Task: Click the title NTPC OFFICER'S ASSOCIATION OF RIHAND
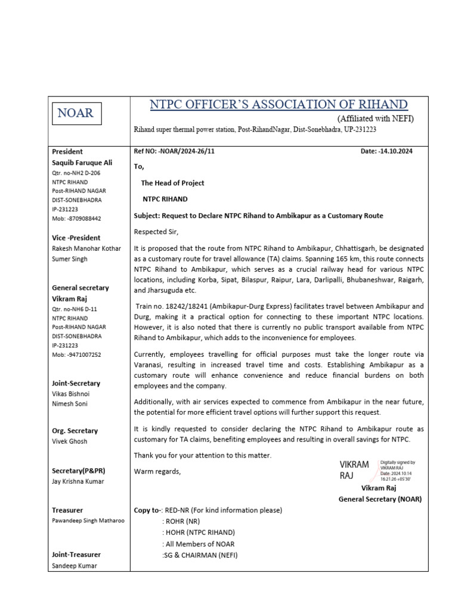(278, 105)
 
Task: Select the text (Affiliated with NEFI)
(375, 119)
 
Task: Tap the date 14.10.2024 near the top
(396, 151)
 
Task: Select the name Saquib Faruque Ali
(82, 163)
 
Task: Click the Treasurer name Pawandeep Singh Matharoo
(88, 521)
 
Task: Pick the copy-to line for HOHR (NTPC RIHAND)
(199, 533)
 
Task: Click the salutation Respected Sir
(156, 231)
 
